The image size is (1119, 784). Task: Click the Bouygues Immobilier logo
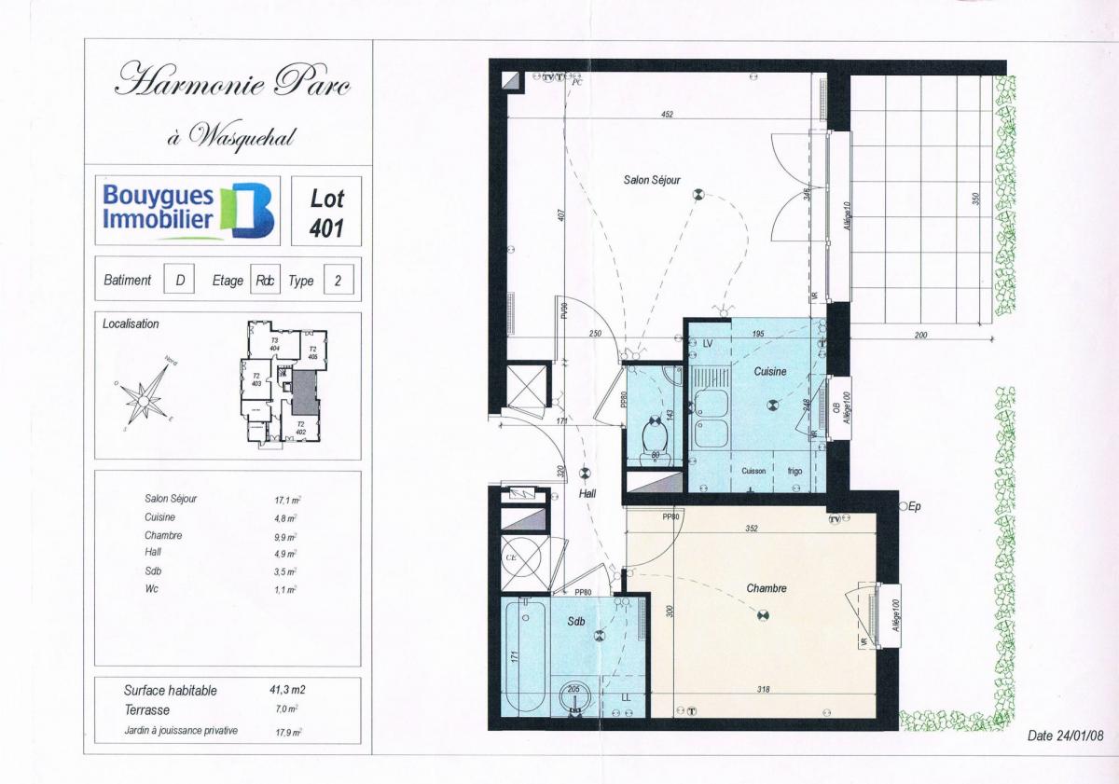pos(187,210)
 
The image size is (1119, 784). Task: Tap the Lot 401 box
pos(326,212)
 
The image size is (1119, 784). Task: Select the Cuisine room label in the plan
pos(770,371)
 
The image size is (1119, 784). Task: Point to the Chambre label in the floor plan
pos(767,588)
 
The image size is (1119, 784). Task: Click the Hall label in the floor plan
pos(587,494)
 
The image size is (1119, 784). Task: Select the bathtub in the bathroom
pos(523,656)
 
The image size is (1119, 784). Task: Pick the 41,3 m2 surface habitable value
pos(287,691)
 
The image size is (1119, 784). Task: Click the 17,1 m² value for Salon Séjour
pos(285,500)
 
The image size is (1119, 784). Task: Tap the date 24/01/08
pos(1065,736)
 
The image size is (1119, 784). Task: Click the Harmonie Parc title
pos(232,81)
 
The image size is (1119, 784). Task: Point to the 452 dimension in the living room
pos(667,115)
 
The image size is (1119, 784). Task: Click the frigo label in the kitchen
pos(794,471)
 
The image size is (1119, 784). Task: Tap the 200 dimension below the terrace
pos(921,335)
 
